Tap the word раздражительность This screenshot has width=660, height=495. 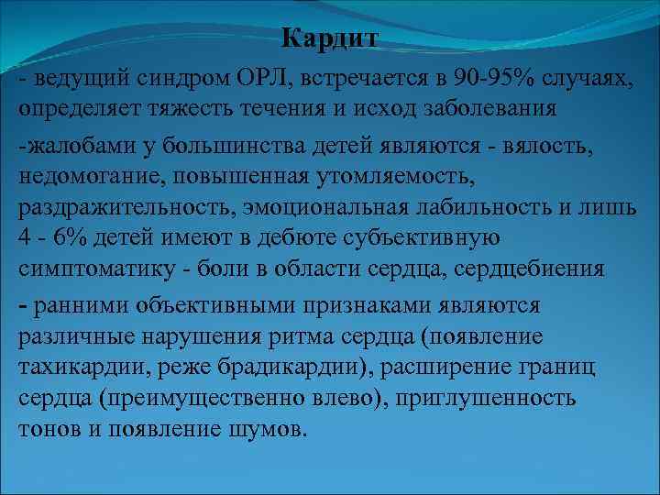109,207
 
